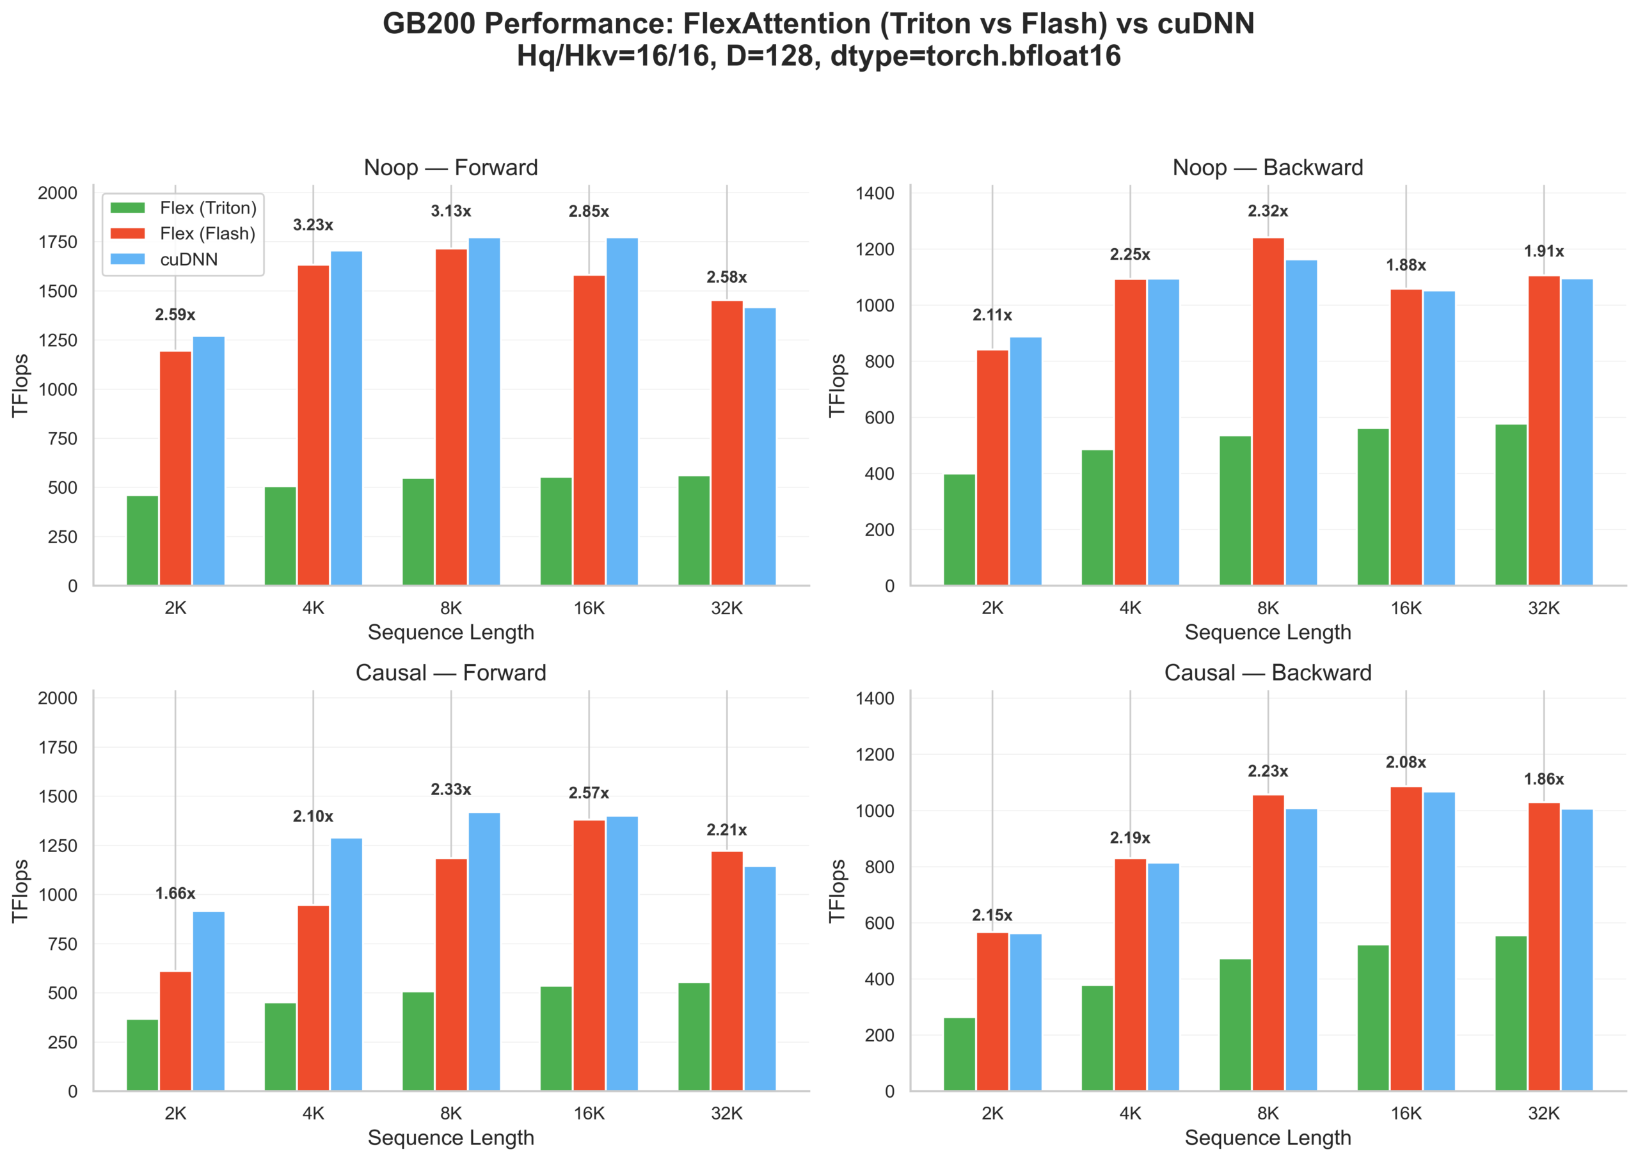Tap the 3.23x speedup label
click(x=312, y=225)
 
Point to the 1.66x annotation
click(x=175, y=894)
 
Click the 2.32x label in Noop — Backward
click(x=1268, y=211)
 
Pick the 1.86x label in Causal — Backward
click(x=1544, y=779)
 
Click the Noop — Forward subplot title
click(x=450, y=168)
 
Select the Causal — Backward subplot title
click(x=1268, y=673)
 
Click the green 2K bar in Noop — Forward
click(x=142, y=541)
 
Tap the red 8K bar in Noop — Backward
click(x=1268, y=412)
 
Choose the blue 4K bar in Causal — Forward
click(x=346, y=965)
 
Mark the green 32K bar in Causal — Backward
click(x=1510, y=1013)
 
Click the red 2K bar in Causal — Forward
click(x=175, y=1031)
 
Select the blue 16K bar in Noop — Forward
click(x=622, y=412)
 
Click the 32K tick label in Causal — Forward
click(x=726, y=1113)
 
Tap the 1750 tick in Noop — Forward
click(x=57, y=242)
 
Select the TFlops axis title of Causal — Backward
click(x=837, y=891)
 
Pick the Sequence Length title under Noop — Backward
click(x=1268, y=632)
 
